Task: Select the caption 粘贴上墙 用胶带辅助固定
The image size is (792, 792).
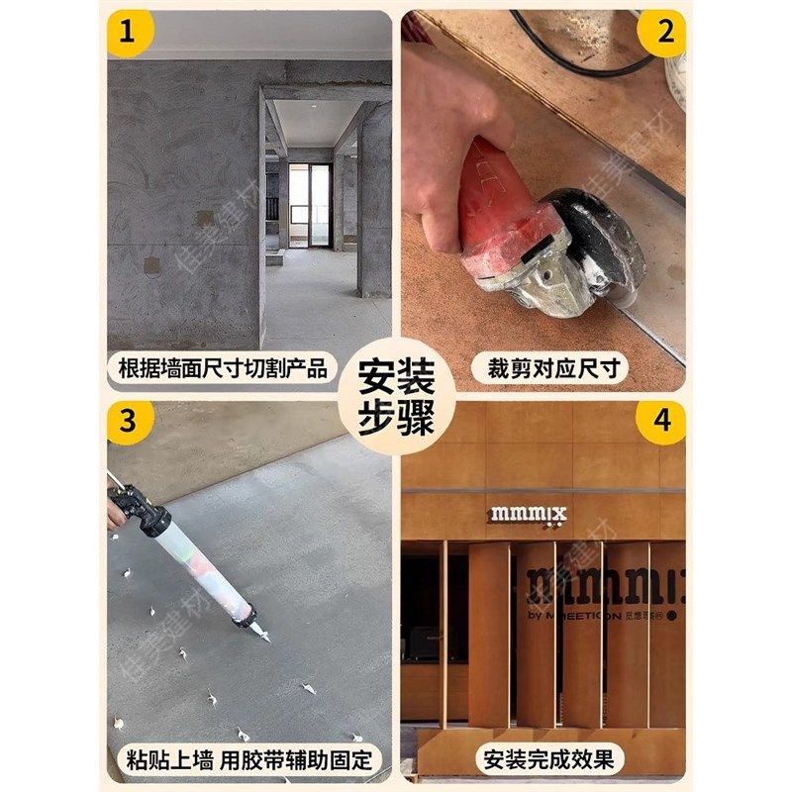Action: (x=248, y=760)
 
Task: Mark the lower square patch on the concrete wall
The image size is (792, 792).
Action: (x=151, y=265)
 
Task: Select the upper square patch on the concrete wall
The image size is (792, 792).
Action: (x=204, y=219)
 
